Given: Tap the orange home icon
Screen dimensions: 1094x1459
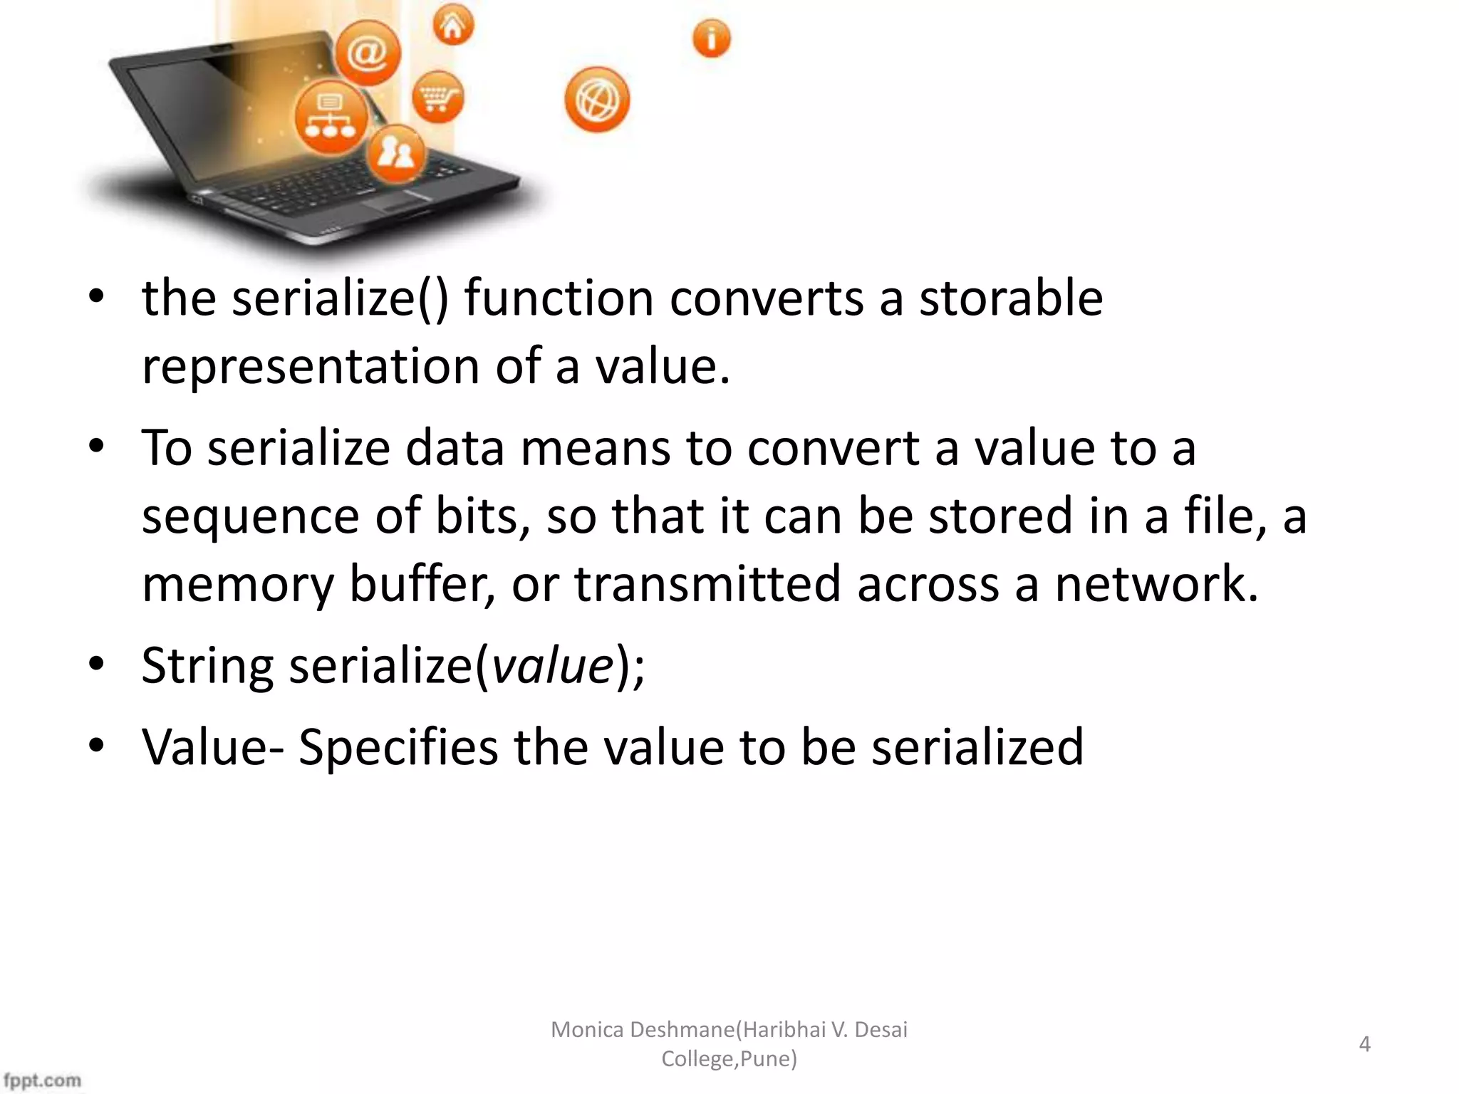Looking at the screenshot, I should tap(453, 26).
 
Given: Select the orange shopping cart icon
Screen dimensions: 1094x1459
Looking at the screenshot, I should tap(438, 96).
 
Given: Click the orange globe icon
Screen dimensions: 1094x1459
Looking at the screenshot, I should tap(597, 100).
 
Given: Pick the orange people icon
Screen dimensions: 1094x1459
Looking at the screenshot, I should tap(396, 152).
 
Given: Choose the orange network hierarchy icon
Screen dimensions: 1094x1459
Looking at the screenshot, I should tap(331, 118).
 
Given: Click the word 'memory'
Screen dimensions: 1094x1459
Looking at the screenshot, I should tap(238, 584).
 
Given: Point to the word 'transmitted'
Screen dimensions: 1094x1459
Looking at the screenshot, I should tap(708, 584).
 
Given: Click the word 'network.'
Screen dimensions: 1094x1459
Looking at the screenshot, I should tap(1156, 584).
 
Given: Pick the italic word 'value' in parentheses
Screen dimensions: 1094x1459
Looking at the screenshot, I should tap(553, 666).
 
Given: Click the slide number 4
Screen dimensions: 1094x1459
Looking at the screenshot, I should tap(1364, 1044).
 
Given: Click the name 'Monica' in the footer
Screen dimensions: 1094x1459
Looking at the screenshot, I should tap(588, 1030).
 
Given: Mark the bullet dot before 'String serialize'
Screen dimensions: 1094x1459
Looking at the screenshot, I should tap(97, 664).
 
